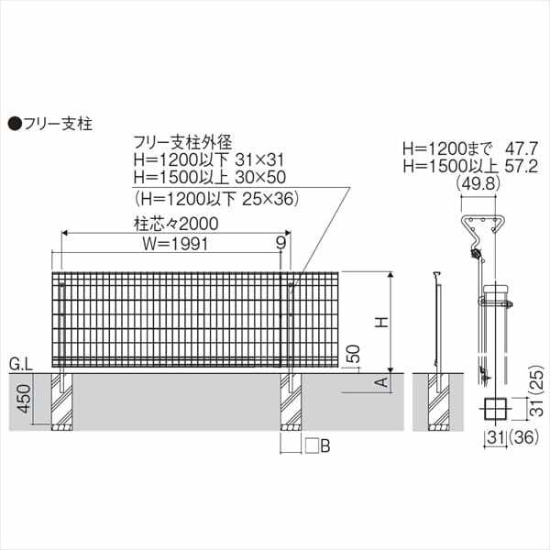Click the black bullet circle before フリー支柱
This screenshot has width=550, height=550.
15,121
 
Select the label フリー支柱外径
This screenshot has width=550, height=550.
183,142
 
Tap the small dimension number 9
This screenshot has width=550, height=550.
280,243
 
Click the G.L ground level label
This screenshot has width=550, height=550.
21,365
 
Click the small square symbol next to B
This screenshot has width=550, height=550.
312,446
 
